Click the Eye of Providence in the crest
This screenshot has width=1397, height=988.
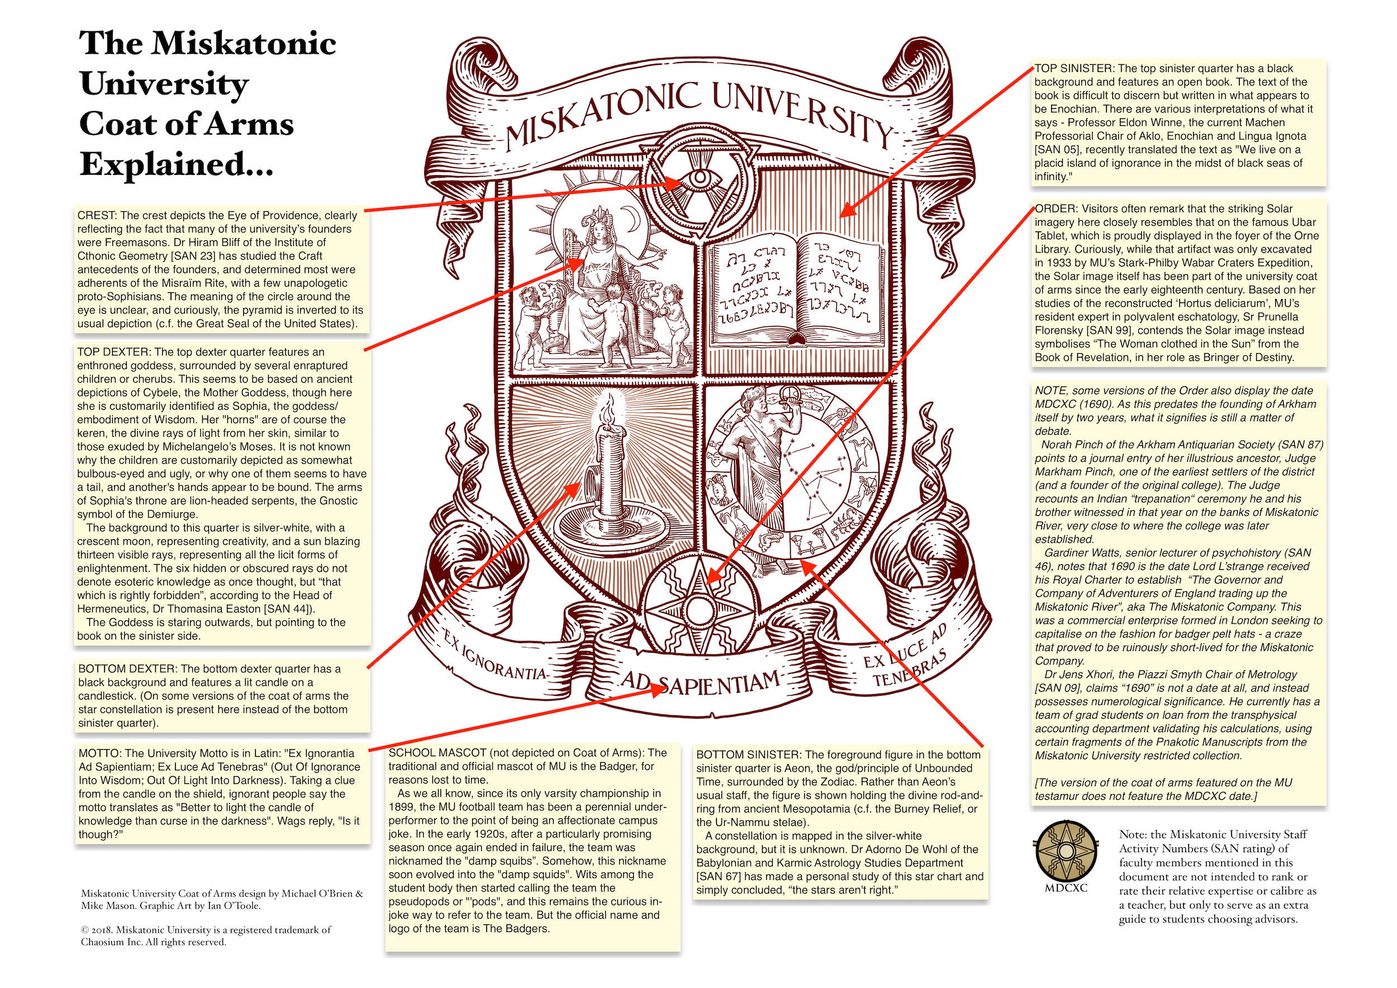[x=700, y=179]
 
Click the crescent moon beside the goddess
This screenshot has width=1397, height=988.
[x=635, y=217]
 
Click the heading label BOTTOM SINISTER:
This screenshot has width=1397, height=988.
[x=748, y=755]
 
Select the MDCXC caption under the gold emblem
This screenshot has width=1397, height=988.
[x=1066, y=887]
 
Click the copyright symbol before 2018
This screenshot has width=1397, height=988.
[x=84, y=929]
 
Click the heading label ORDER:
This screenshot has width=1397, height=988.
[x=1056, y=208]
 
